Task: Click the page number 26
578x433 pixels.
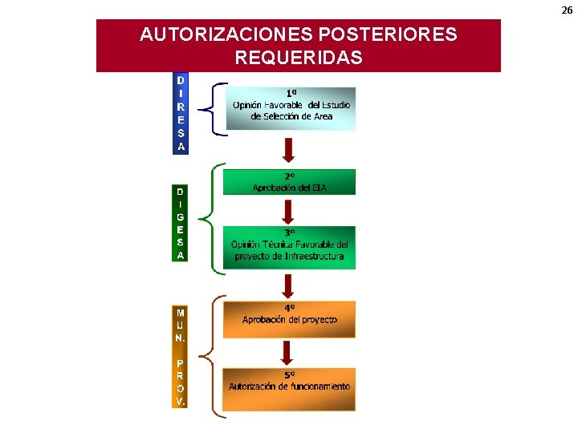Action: (567, 10)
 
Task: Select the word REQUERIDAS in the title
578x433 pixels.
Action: (298, 59)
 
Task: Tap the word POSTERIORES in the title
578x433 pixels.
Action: (388, 35)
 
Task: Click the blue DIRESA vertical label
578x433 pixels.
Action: (181, 113)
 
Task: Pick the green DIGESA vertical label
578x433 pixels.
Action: (181, 224)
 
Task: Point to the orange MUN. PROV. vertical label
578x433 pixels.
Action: (181, 357)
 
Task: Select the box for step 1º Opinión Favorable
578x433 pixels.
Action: (290, 108)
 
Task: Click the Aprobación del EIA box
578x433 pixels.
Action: (289, 182)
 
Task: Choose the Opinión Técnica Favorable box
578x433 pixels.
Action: (289, 247)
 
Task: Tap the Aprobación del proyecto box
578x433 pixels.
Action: (289, 318)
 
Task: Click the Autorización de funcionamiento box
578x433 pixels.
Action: (289, 388)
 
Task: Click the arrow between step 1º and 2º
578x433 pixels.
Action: (289, 148)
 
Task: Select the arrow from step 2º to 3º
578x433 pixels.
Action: (289, 210)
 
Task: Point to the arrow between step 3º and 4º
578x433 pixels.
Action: (289, 285)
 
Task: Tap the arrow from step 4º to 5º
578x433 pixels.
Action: (289, 353)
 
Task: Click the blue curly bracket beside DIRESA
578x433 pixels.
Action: (210, 109)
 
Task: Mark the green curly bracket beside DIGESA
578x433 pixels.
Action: (210, 216)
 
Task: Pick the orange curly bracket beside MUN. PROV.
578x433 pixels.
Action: (210, 355)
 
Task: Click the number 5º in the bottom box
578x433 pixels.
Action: (289, 374)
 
